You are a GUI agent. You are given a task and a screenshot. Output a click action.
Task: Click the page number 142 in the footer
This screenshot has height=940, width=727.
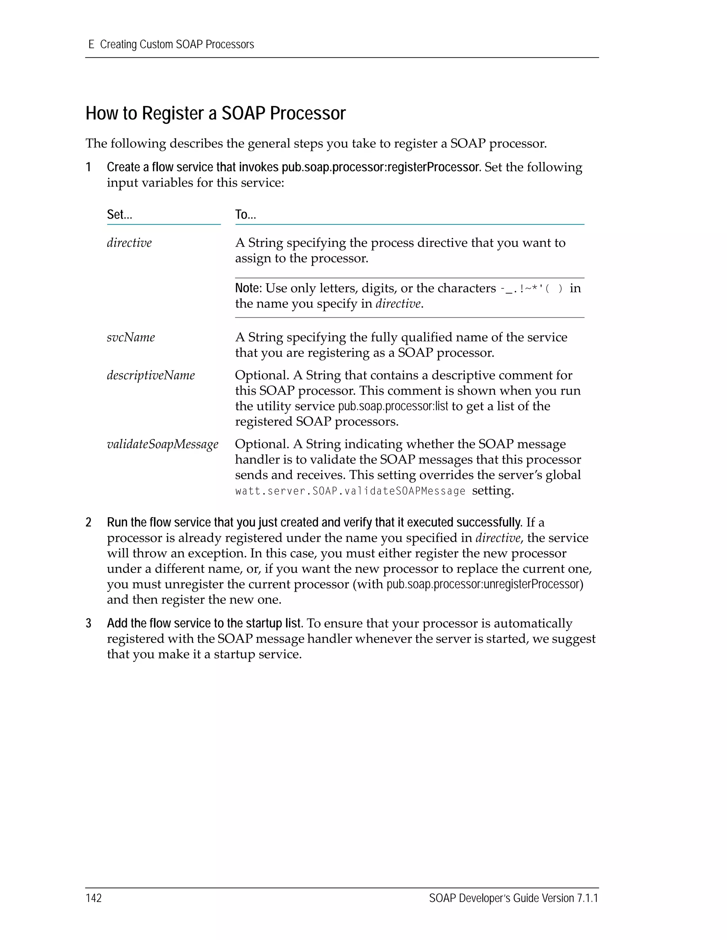(93, 898)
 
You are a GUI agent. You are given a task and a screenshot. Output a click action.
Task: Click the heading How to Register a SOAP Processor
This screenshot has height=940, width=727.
(215, 114)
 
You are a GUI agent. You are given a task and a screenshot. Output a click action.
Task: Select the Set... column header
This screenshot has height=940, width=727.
(119, 214)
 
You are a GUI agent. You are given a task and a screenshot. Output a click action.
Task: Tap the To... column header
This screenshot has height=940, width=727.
(246, 214)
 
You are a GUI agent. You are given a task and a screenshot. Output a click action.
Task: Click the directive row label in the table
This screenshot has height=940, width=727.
(129, 243)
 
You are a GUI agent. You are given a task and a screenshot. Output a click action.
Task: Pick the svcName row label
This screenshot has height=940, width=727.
(131, 337)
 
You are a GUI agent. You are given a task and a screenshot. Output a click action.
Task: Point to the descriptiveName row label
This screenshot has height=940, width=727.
(151, 375)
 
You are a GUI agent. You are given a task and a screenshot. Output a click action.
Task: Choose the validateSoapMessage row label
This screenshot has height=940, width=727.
(162, 444)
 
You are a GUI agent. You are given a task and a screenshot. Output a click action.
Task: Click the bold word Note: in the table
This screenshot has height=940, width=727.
(248, 288)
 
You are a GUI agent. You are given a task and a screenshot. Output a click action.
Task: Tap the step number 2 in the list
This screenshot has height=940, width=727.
(89, 522)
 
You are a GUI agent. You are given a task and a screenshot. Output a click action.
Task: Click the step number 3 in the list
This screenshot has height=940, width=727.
(89, 623)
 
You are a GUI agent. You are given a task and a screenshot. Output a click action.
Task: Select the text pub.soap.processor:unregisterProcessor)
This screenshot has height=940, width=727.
(485, 584)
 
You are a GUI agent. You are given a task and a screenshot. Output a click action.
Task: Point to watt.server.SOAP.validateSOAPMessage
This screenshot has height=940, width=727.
(350, 491)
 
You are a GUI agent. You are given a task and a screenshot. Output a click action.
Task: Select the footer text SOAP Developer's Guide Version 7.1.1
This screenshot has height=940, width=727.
(513, 898)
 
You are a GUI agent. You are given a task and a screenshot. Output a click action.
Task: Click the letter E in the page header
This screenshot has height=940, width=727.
(91, 44)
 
